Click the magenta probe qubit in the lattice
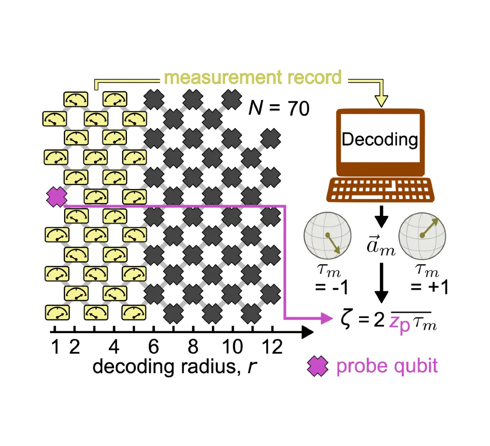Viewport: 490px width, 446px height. point(57,197)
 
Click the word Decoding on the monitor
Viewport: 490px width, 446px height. point(380,139)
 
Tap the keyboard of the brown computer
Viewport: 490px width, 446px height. point(380,190)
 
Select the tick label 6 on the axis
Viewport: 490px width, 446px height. point(153,347)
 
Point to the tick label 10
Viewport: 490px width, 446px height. point(233,347)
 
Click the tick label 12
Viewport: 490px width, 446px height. point(272,347)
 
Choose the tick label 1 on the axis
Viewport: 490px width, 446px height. point(55,347)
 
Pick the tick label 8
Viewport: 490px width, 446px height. point(193,347)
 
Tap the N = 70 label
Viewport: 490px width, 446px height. point(279,108)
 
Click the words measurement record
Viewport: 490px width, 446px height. point(253,77)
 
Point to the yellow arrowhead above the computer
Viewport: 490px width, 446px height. point(382,101)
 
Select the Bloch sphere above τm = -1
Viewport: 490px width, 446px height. point(327,235)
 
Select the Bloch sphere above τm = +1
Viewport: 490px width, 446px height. point(422,235)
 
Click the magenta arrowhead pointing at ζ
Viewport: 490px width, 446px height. point(327,318)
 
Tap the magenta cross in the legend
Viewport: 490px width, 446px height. point(318,366)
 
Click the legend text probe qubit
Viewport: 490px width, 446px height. point(387,366)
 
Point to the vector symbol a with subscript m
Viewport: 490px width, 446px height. point(381,245)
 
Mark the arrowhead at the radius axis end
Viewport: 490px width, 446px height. point(307,332)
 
